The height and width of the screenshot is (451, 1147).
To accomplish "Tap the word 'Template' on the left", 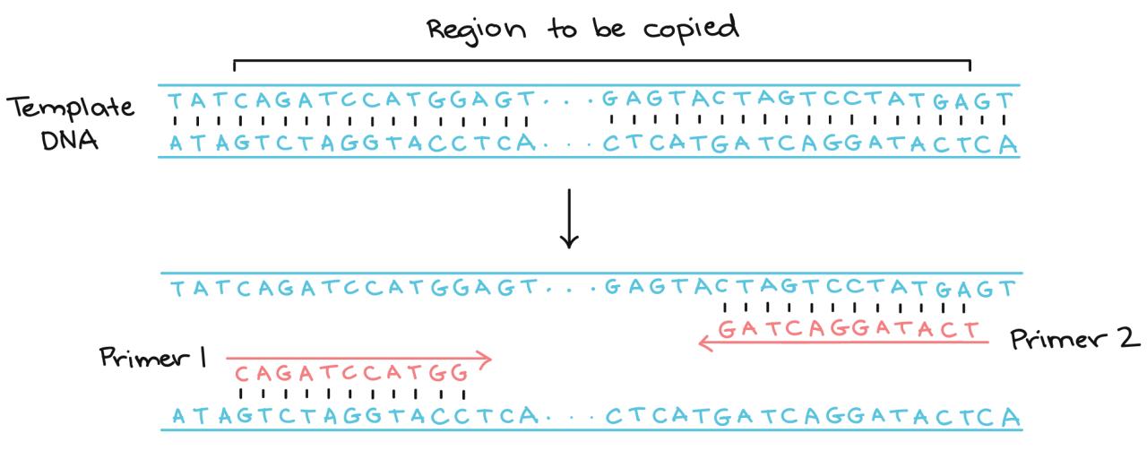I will (x=72, y=108).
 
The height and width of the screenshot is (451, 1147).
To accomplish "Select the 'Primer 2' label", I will (x=1074, y=339).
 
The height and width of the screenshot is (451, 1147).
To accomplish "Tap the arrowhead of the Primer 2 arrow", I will (x=706, y=342).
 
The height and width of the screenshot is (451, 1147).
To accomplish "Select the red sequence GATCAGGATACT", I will (x=849, y=328).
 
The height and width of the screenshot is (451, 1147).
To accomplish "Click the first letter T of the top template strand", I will (x=176, y=100).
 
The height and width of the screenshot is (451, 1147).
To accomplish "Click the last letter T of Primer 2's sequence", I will (x=973, y=328).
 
